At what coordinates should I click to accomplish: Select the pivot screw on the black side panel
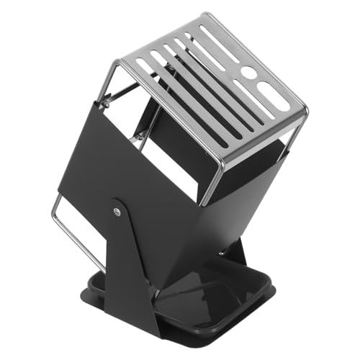point(117,210)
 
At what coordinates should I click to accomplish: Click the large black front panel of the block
point(166,194)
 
